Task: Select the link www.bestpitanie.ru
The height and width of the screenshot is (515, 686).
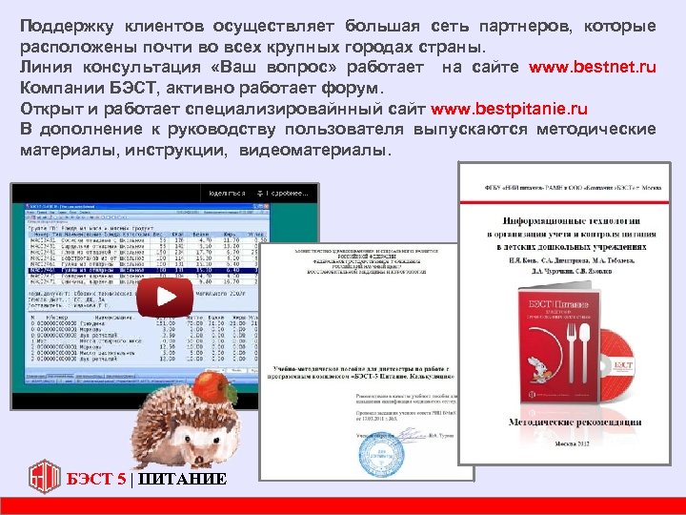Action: tap(509, 110)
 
